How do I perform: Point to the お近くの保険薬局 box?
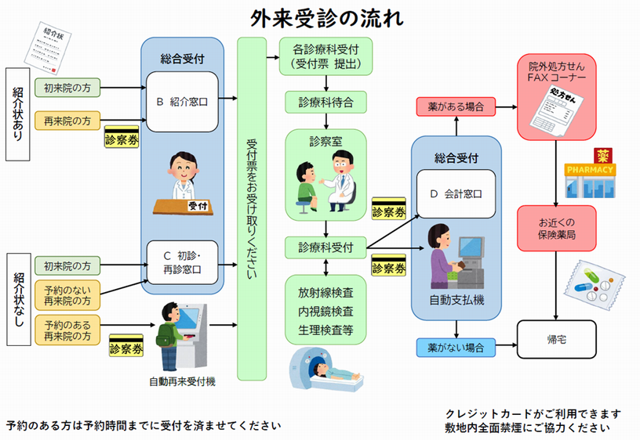pyautogui.click(x=556, y=227)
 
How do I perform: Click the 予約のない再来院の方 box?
pyautogui.click(x=67, y=294)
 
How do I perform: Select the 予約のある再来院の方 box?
pyautogui.click(x=67, y=330)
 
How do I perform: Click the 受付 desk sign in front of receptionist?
pyautogui.click(x=197, y=206)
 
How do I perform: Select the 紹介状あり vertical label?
pyautogui.click(x=18, y=114)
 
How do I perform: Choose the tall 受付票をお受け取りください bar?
pyautogui.click(x=253, y=208)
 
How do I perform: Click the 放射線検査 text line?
pyautogui.click(x=325, y=292)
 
